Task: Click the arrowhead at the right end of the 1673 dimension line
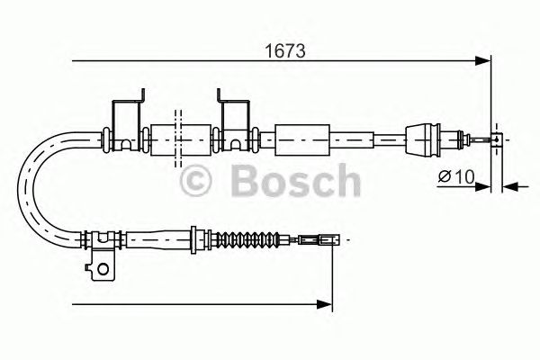coord(484,61)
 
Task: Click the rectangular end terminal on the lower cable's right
coord(325,240)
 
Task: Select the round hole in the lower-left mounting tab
coord(104,266)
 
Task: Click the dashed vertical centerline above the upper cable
coord(177,115)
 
